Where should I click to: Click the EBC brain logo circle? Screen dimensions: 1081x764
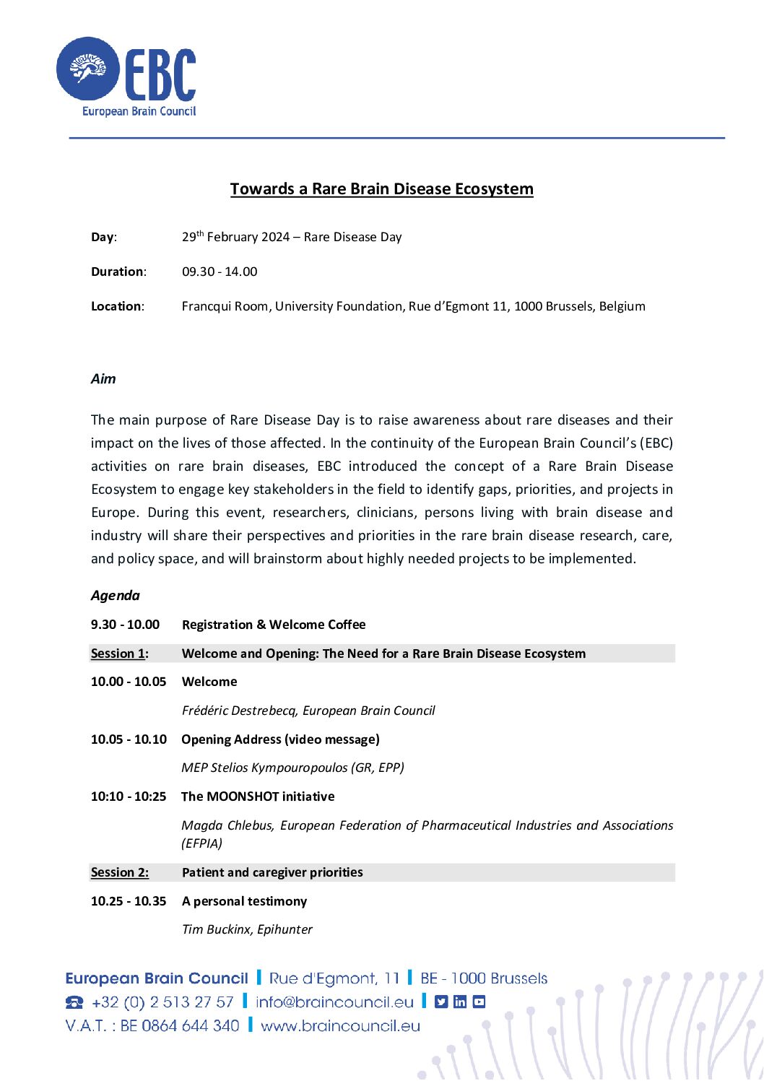(88, 69)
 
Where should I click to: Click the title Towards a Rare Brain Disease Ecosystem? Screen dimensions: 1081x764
(381, 189)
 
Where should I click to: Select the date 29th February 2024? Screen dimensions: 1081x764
(235, 237)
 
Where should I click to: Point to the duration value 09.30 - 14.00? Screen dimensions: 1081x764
(220, 272)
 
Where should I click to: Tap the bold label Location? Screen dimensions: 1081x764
(116, 306)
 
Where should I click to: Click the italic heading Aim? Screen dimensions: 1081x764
(103, 379)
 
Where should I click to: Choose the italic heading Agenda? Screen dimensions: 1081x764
(115, 596)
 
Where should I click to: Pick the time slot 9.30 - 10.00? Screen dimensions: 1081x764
(125, 625)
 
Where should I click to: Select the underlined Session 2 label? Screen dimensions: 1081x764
(119, 872)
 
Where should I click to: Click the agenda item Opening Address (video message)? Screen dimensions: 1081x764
(280, 739)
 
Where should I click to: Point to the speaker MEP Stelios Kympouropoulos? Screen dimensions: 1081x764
(264, 768)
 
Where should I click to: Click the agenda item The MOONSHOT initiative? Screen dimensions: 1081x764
(258, 796)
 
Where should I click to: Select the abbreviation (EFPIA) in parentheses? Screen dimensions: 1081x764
(202, 843)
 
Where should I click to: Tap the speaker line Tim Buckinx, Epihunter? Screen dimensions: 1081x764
(247, 929)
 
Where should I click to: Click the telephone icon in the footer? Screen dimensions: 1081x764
(74, 1002)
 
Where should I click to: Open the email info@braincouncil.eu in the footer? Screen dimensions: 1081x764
(334, 1002)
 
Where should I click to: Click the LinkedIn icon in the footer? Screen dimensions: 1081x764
(460, 1002)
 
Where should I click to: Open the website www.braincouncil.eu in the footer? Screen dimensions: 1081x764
(340, 1026)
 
